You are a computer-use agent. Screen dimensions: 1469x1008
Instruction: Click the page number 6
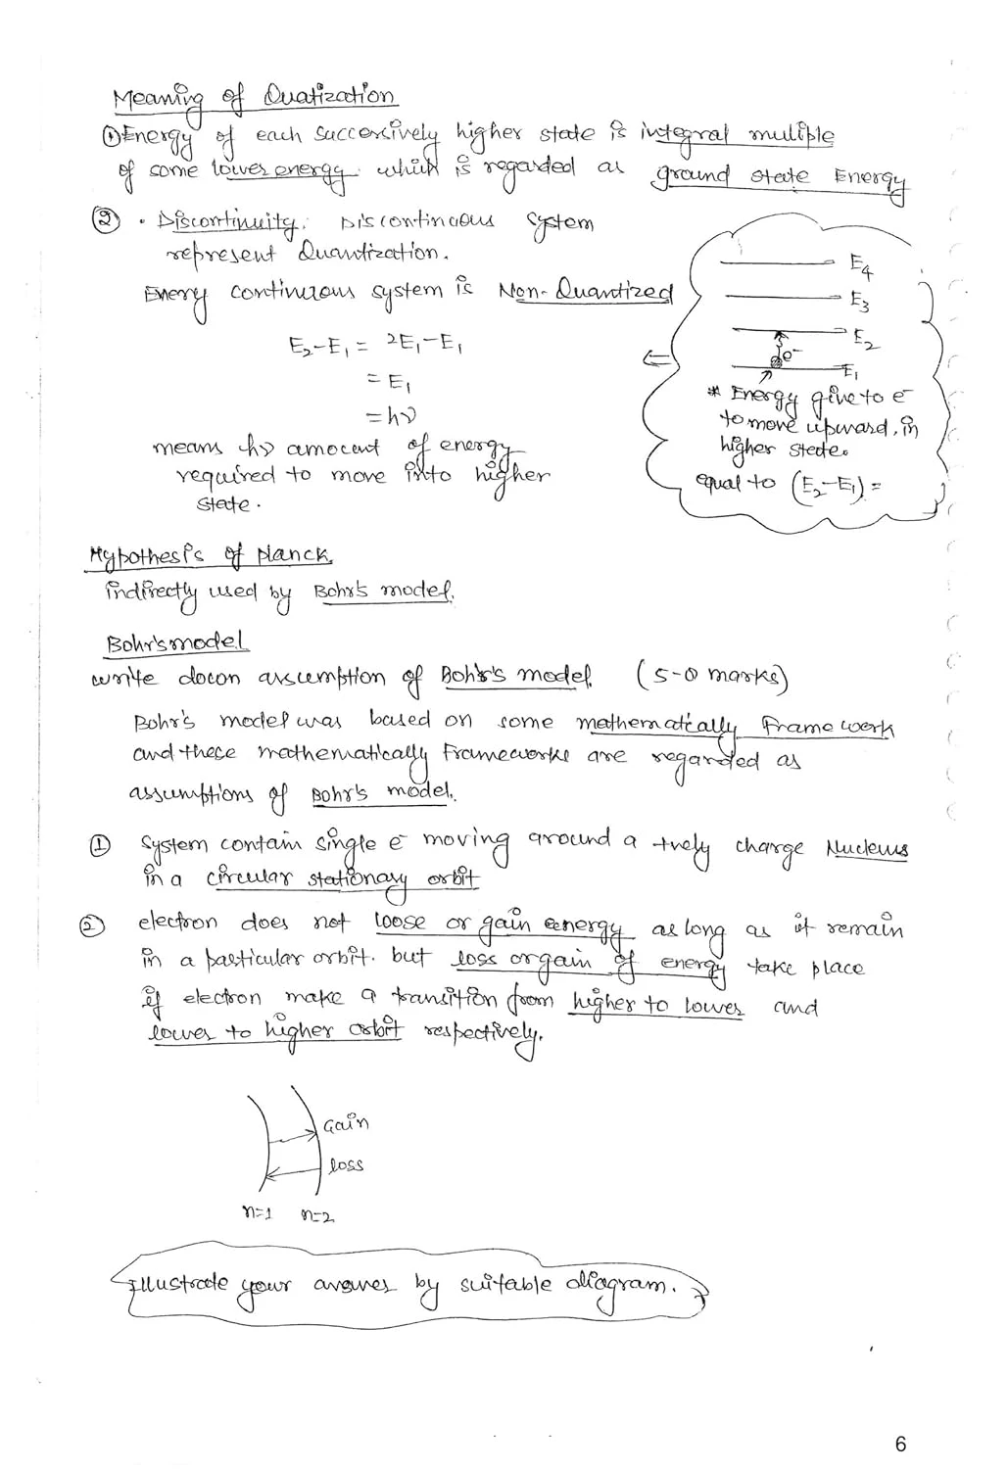click(900, 1444)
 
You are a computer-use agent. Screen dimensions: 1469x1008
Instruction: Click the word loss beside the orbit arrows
click(347, 1164)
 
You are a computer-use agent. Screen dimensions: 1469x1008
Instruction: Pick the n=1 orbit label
click(256, 1213)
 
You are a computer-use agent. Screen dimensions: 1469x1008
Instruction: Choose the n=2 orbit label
click(317, 1214)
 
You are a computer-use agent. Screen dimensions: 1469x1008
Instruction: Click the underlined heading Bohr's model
click(177, 643)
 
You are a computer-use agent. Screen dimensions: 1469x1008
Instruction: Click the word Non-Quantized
click(586, 292)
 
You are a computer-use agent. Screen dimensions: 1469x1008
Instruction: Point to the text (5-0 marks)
click(713, 676)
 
